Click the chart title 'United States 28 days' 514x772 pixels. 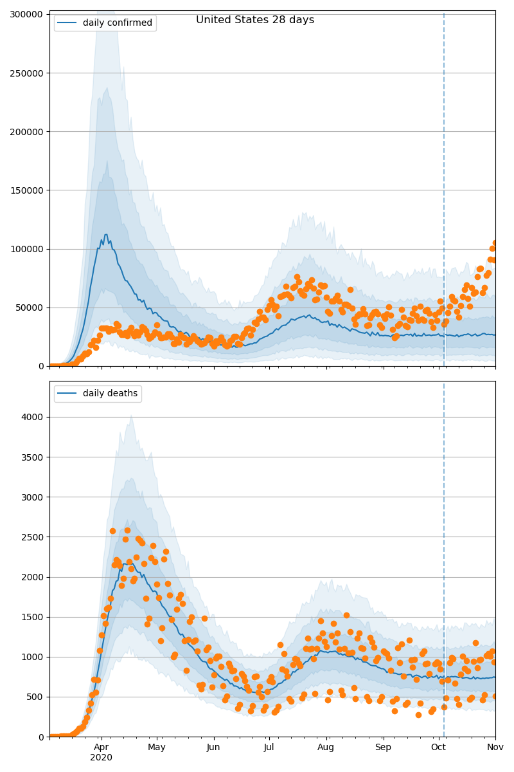pyautogui.click(x=255, y=20)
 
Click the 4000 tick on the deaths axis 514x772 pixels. pyautogui.click(x=33, y=417)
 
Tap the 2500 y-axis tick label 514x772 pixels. pyautogui.click(x=33, y=537)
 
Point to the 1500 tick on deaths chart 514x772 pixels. pyautogui.click(x=33, y=617)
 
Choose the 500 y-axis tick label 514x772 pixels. pyautogui.click(x=35, y=697)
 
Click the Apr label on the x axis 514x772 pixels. pyautogui.click(x=102, y=748)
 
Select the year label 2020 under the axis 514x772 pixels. pyautogui.click(x=102, y=758)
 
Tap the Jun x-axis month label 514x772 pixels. pyautogui.click(x=213, y=748)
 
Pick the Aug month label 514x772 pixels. pyautogui.click(x=326, y=748)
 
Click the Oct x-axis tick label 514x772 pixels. pyautogui.click(x=439, y=748)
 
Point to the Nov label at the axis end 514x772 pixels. pyautogui.click(x=495, y=748)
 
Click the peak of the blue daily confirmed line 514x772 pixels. pyautogui.click(x=105, y=235)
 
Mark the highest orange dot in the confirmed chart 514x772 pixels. pyautogui.click(x=495, y=243)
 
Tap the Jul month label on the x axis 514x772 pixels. pyautogui.click(x=269, y=748)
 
